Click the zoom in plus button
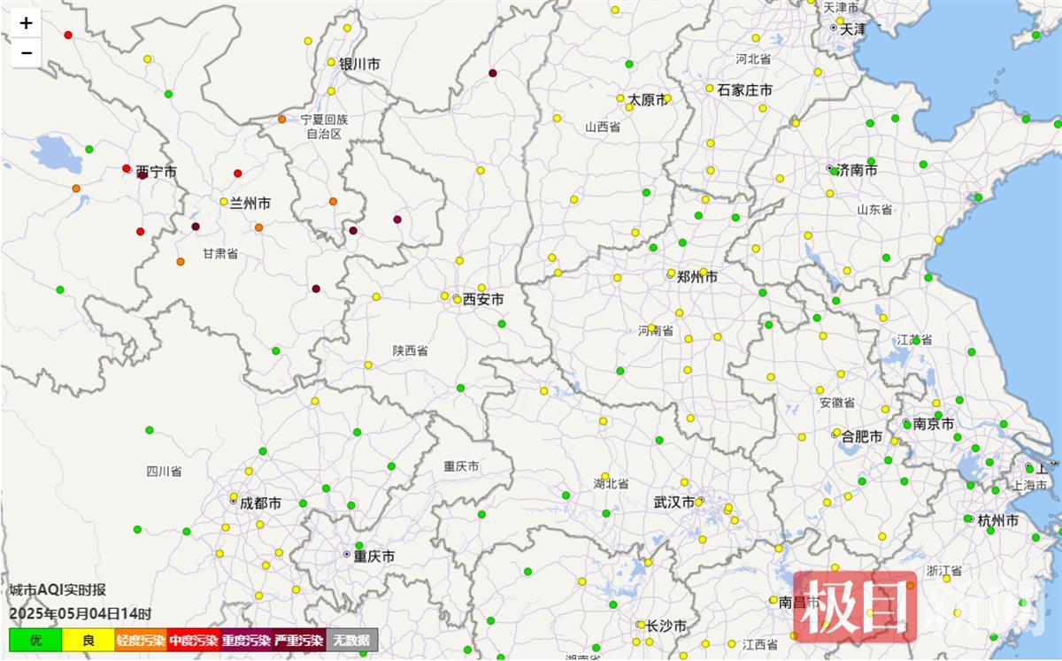[26, 24]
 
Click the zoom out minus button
[26, 52]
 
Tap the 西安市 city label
[483, 300]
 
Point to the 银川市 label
[359, 65]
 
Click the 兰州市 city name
[250, 204]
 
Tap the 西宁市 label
[156, 172]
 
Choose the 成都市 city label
[261, 503]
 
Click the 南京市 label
[934, 425]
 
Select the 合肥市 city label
[862, 437]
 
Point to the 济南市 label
[858, 170]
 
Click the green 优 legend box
[35, 640]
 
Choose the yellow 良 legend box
[88, 640]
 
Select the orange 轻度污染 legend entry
[141, 640]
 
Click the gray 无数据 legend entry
[352, 640]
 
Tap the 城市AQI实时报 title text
[58, 590]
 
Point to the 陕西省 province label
[411, 351]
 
